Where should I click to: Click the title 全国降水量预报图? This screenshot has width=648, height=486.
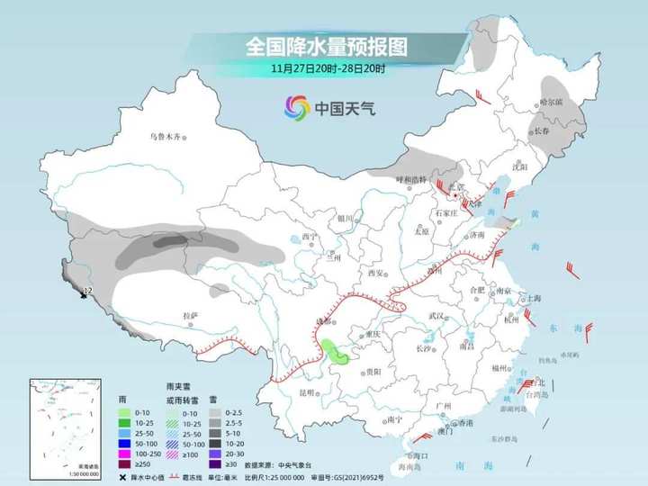tap(324, 45)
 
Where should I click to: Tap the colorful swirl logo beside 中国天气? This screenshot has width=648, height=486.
tap(296, 109)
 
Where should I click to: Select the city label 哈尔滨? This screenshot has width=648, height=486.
tap(549, 102)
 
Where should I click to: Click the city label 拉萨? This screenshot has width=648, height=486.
tap(190, 315)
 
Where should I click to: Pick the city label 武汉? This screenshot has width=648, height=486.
tap(438, 315)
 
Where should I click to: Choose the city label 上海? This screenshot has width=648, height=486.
tap(532, 298)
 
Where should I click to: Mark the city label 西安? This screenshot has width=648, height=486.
tap(375, 273)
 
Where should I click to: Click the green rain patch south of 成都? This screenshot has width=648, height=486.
tap(336, 352)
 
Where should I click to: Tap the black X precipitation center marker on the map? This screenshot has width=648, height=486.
tap(84, 293)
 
